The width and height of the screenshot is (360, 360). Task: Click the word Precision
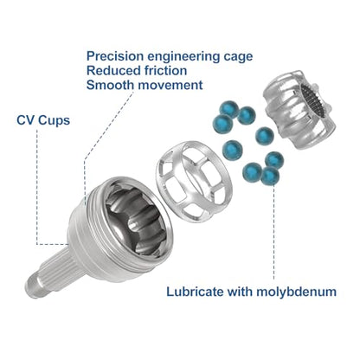pyautogui.click(x=115, y=55)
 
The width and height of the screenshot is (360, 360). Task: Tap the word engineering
pyautogui.click(x=183, y=57)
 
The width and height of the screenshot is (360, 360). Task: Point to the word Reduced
pyautogui.click(x=110, y=70)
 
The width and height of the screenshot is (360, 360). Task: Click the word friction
pyautogui.click(x=162, y=70)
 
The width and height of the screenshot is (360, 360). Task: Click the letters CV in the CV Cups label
pyautogui.click(x=25, y=120)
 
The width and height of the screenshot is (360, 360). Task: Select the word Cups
pyautogui.click(x=54, y=121)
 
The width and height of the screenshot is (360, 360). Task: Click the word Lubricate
pyautogui.click(x=195, y=292)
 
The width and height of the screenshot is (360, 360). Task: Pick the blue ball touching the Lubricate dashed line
pyautogui.click(x=270, y=176)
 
